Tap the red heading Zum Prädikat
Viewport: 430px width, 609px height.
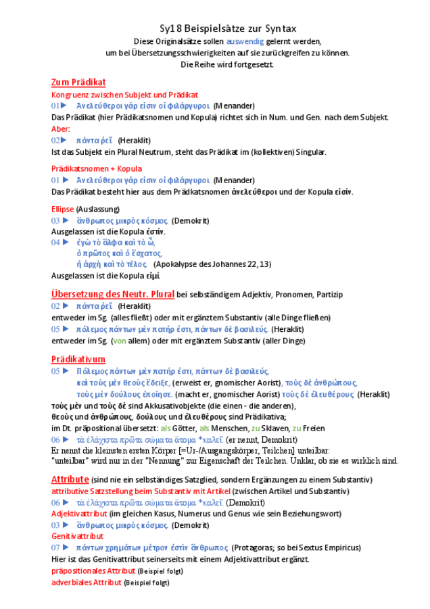(78, 82)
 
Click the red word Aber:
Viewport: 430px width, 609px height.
(61, 128)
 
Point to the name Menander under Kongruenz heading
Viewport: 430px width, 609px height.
(234, 106)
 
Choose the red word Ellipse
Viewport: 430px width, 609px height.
(63, 210)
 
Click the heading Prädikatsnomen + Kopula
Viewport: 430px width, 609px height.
(97, 168)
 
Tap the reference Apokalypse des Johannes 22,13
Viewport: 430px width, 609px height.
(212, 264)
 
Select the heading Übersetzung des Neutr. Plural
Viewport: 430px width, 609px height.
(113, 294)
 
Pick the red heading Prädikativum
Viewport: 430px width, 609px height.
(78, 359)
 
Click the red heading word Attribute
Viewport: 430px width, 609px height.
(70, 479)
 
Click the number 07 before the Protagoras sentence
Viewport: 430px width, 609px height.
(55, 547)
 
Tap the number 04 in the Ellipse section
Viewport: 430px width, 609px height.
(55, 241)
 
